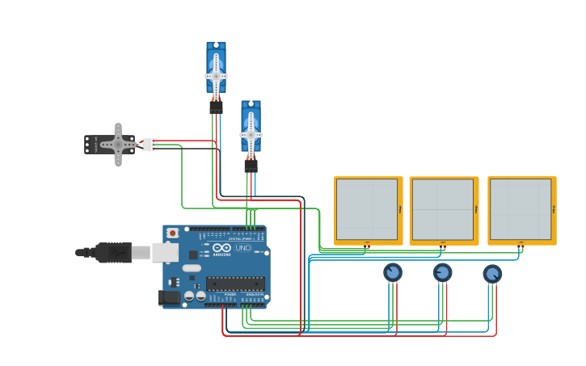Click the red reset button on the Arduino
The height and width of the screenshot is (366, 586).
pos(171,233)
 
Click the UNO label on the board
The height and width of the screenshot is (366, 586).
pos(242,248)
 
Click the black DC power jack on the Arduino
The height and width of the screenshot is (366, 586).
pos(170,298)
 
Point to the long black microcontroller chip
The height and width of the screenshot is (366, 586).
pos(234,284)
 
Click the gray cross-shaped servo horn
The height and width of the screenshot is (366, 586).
pos(118,145)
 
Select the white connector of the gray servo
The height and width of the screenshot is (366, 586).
pos(150,145)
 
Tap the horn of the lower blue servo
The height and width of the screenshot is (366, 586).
pos(251,133)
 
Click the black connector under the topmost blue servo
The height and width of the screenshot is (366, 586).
pos(216,106)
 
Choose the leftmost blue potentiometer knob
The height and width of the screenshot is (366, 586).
pos(393,272)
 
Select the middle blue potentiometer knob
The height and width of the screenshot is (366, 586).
pos(442,272)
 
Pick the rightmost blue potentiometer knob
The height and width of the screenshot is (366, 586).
pos(492,274)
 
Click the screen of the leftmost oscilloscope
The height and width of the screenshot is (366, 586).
pos(366,209)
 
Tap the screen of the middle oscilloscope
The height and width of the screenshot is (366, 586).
pos(442,209)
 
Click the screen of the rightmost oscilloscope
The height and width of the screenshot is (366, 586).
pos(520,209)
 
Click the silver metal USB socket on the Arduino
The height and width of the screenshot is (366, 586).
pos(165,253)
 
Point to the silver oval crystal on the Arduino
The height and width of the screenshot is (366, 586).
pos(192,267)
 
